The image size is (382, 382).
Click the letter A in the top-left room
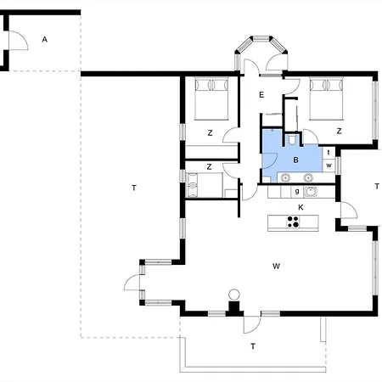pyautogui.click(x=44, y=39)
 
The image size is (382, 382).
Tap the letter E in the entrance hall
pyautogui.click(x=261, y=95)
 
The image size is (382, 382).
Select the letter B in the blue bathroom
pyautogui.click(x=295, y=160)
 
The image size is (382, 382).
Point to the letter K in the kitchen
pyautogui.click(x=301, y=207)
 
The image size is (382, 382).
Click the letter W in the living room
pyautogui.click(x=276, y=266)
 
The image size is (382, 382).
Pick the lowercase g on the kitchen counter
pyautogui.click(x=297, y=191)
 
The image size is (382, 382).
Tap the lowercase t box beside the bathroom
pyautogui.click(x=329, y=153)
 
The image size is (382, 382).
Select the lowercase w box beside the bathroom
pyautogui.click(x=329, y=165)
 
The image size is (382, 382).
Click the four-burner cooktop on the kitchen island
pyautogui.click(x=293, y=222)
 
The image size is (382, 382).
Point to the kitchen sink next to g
pyautogui.click(x=311, y=192)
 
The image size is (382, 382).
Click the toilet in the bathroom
pyautogui.click(x=292, y=140)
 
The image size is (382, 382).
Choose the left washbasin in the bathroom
pyautogui.click(x=285, y=177)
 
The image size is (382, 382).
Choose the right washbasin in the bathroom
pyautogui.click(x=308, y=177)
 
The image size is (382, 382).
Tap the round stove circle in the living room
pyautogui.click(x=234, y=295)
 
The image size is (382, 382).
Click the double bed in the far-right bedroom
pyautogui.click(x=326, y=98)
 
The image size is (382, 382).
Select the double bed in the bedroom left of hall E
pyautogui.click(x=211, y=98)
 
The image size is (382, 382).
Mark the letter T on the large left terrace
pyautogui.click(x=134, y=188)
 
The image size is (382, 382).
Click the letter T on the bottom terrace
pyautogui.click(x=253, y=346)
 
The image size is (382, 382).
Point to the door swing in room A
pyautogui.click(x=19, y=41)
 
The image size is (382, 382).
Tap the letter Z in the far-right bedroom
pyautogui.click(x=339, y=131)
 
